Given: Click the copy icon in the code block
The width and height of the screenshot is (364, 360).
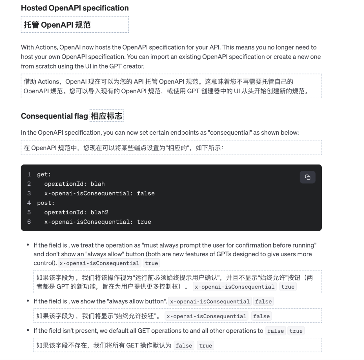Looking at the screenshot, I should (x=307, y=177).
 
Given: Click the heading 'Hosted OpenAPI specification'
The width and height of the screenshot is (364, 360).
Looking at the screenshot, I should (x=75, y=8).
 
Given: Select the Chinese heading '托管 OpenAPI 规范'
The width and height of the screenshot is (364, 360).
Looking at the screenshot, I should (x=57, y=25).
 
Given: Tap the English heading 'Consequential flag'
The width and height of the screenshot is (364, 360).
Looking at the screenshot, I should (x=54, y=116).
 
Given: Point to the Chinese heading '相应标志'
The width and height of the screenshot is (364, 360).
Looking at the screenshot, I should (x=107, y=116).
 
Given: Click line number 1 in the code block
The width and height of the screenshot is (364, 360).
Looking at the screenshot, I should (x=29, y=174).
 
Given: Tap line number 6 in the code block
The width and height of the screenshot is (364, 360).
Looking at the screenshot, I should (x=29, y=222).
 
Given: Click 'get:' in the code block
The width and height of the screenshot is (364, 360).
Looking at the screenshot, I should (x=44, y=174).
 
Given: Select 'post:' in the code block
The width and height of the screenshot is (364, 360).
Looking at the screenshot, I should (x=46, y=203).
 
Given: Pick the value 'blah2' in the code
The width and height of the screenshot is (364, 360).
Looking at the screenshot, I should (x=99, y=212).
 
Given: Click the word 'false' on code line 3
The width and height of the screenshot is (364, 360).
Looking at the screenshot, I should (x=146, y=193).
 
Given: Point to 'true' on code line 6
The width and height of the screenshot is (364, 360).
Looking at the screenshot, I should (x=144, y=222).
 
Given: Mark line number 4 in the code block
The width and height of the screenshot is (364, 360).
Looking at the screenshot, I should (x=29, y=203).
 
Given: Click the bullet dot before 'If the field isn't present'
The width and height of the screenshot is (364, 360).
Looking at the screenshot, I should (x=28, y=330).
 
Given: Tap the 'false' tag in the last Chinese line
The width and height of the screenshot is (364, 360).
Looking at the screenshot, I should (x=184, y=346).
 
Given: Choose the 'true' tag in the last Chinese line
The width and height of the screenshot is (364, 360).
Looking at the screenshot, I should (x=206, y=346).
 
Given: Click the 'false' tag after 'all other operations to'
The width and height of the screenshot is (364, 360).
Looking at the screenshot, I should (x=275, y=331).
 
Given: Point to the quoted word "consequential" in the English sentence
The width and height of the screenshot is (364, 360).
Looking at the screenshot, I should (x=230, y=133).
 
